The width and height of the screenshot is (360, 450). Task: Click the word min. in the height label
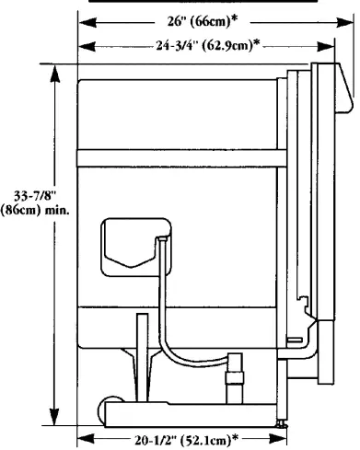click(x=54, y=209)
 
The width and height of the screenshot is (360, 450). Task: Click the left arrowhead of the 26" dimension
click(x=81, y=21)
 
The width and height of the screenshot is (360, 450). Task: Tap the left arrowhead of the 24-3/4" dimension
click(x=81, y=44)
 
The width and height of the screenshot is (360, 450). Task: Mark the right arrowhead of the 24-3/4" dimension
click(x=312, y=44)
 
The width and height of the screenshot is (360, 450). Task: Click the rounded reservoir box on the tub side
click(x=129, y=243)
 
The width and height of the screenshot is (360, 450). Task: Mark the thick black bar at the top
click(x=203, y=3)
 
